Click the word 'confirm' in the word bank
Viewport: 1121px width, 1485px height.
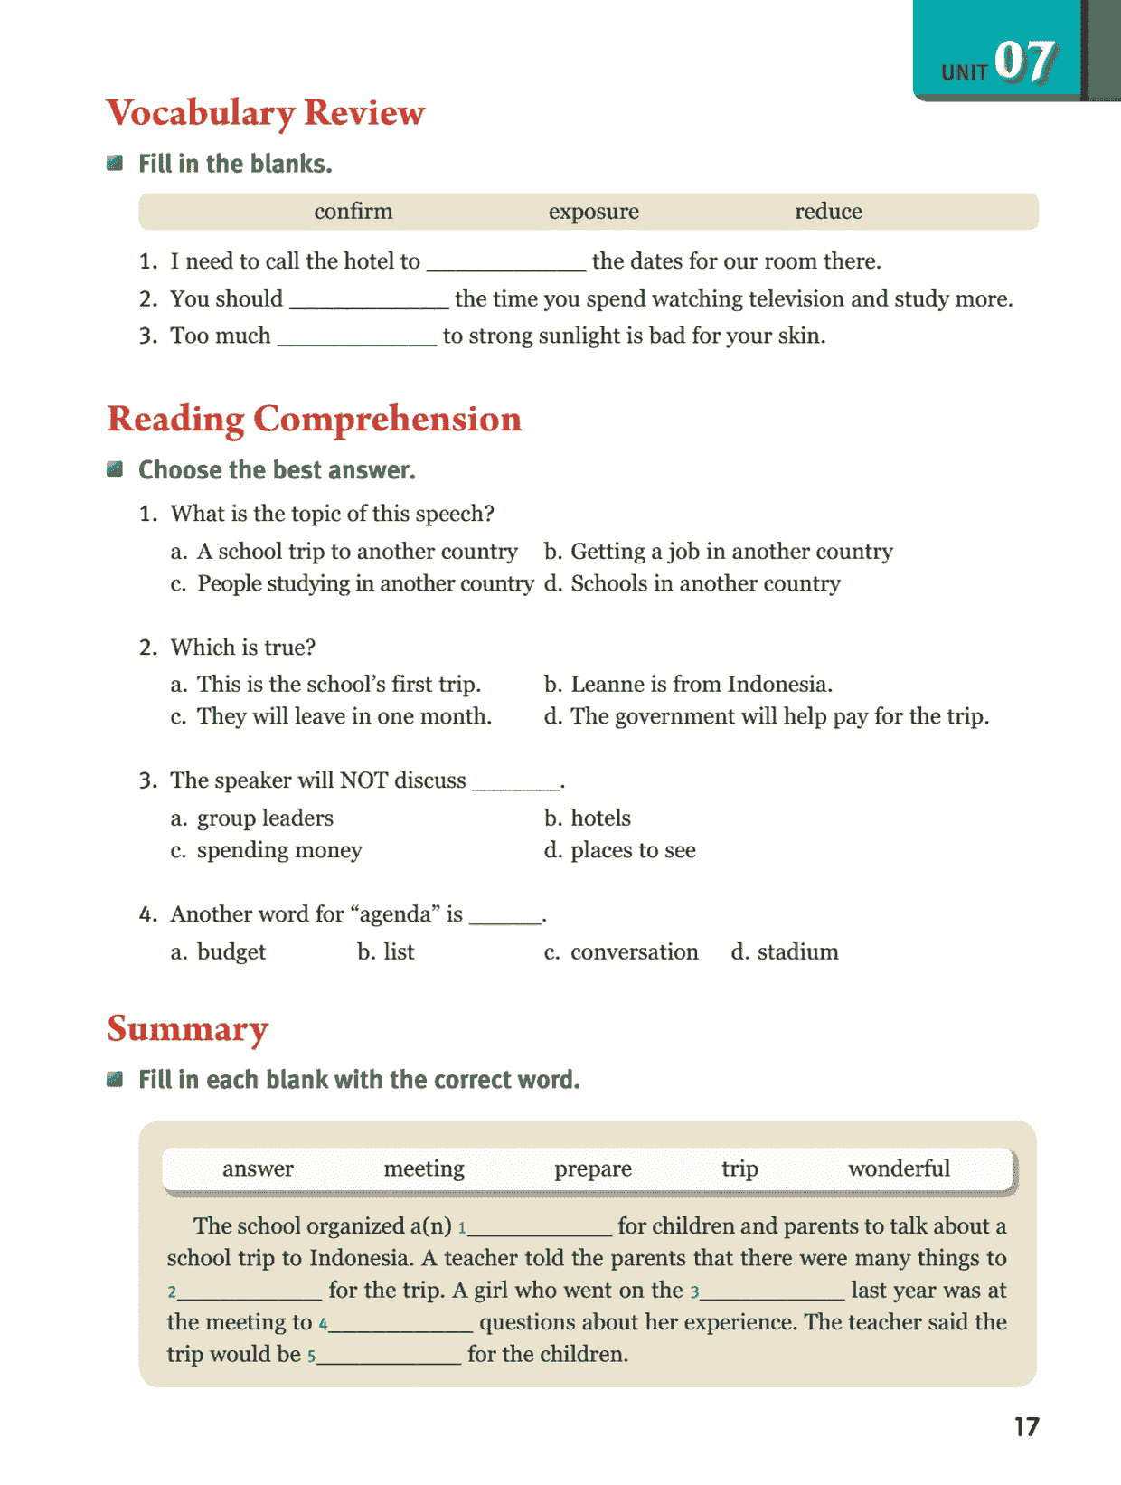[x=353, y=212]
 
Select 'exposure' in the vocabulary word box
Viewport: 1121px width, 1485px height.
[x=593, y=212]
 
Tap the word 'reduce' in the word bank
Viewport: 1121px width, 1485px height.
[x=828, y=212]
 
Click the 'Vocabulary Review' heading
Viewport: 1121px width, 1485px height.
[x=265, y=113]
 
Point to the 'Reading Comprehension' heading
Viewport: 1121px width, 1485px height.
[x=314, y=420]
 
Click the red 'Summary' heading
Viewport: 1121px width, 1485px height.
[x=187, y=1029]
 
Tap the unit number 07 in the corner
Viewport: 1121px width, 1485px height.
[x=1025, y=62]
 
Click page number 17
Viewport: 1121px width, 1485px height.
[x=1026, y=1427]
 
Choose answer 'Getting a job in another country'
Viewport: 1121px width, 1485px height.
[x=730, y=552]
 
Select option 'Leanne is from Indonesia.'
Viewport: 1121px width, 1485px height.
[x=701, y=685]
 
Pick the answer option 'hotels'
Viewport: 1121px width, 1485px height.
[x=600, y=818]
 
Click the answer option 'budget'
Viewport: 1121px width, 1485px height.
[x=231, y=952]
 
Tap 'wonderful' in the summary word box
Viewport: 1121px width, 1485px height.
[x=899, y=1168]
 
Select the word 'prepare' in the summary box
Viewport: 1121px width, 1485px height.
[x=593, y=1168]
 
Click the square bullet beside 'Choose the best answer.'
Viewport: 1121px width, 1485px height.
[x=115, y=469]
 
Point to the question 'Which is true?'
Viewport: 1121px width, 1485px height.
[x=242, y=648]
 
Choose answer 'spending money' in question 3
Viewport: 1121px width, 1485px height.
[x=278, y=851]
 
